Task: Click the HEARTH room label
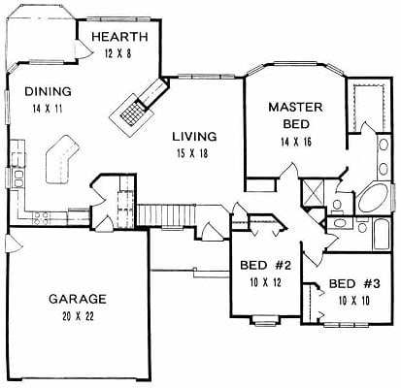[x=119, y=37]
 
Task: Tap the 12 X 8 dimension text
[x=118, y=53]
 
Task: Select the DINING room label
[x=48, y=92]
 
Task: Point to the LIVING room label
[x=194, y=137]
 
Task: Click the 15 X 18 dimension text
[x=192, y=153]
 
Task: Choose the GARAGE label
[x=78, y=299]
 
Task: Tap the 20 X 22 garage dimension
[x=78, y=316]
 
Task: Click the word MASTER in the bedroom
[x=295, y=108]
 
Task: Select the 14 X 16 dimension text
[x=296, y=142]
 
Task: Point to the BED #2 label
[x=266, y=266]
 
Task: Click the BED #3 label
[x=354, y=284]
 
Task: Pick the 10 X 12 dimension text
[x=265, y=283]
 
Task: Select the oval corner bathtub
[x=374, y=197]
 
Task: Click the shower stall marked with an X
[x=313, y=193]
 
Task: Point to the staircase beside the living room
[x=166, y=215]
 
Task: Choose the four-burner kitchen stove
[x=41, y=217]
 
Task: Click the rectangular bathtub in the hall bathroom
[x=382, y=235]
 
